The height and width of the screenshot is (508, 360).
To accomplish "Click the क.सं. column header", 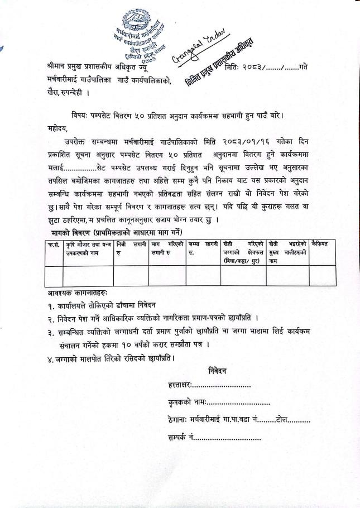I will pyautogui.click(x=54, y=244).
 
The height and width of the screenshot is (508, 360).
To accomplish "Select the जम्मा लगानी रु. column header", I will pyautogui.click(x=202, y=247).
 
